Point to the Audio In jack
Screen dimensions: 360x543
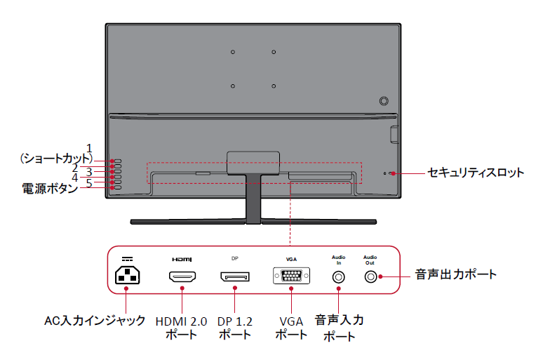[339, 276]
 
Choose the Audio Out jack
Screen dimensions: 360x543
[370, 276]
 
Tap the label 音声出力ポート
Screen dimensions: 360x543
[455, 274]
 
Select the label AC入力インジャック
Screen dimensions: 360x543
[95, 321]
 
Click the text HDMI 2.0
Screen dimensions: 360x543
[181, 321]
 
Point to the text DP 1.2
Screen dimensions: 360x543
[234, 321]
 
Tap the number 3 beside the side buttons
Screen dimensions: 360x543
[89, 171]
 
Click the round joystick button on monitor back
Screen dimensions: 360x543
[384, 100]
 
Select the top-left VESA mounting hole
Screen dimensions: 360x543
[232, 52]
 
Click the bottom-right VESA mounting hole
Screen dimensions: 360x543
[274, 86]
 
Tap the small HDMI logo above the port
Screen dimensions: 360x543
[182, 258]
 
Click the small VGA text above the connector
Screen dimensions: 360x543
[290, 258]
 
